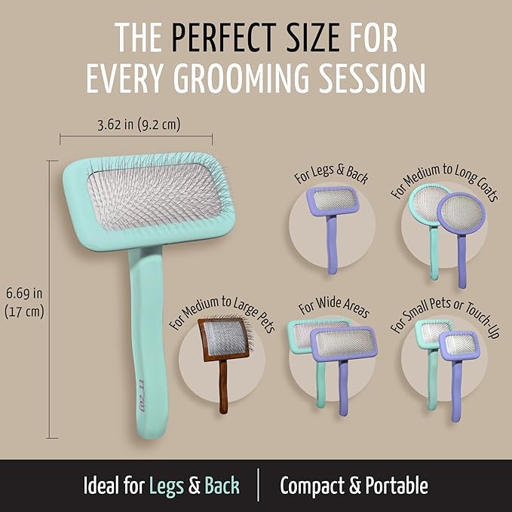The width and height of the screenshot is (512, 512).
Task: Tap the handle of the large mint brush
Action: [153, 339]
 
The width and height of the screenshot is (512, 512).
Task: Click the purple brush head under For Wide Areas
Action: [344, 343]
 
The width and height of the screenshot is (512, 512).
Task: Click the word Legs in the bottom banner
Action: [167, 486]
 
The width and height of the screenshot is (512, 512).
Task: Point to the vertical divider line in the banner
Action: [259, 485]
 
